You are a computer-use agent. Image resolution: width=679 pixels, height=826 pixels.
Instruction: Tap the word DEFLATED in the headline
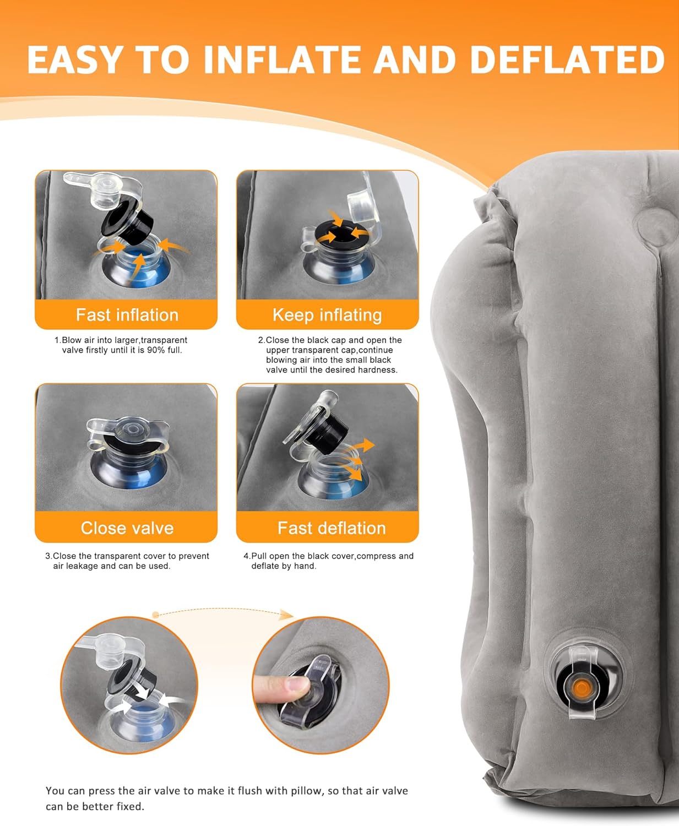pyautogui.click(x=567, y=59)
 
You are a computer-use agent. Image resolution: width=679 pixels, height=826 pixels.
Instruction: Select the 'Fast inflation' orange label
pyautogui.click(x=127, y=315)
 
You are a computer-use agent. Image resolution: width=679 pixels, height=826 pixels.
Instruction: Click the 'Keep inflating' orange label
pyautogui.click(x=327, y=315)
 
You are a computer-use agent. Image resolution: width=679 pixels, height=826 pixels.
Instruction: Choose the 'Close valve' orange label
pyautogui.click(x=127, y=528)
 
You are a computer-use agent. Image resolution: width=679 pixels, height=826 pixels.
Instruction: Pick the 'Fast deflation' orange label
pyautogui.click(x=332, y=528)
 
